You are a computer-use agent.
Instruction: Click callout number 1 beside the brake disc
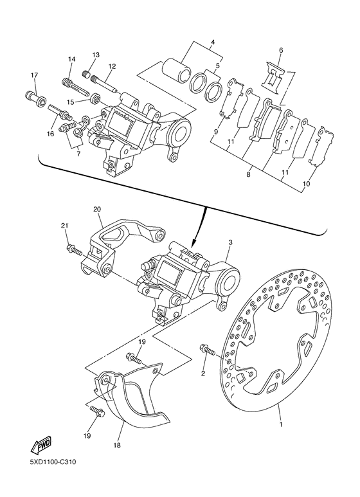(280, 424)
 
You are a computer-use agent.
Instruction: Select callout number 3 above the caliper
(230, 243)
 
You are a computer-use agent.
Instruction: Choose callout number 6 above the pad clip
(280, 50)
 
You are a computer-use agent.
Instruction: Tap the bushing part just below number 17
(35, 98)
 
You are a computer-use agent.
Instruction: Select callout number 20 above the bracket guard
(97, 210)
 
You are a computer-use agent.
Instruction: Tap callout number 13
(96, 55)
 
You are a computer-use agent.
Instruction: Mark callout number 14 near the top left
(72, 59)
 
